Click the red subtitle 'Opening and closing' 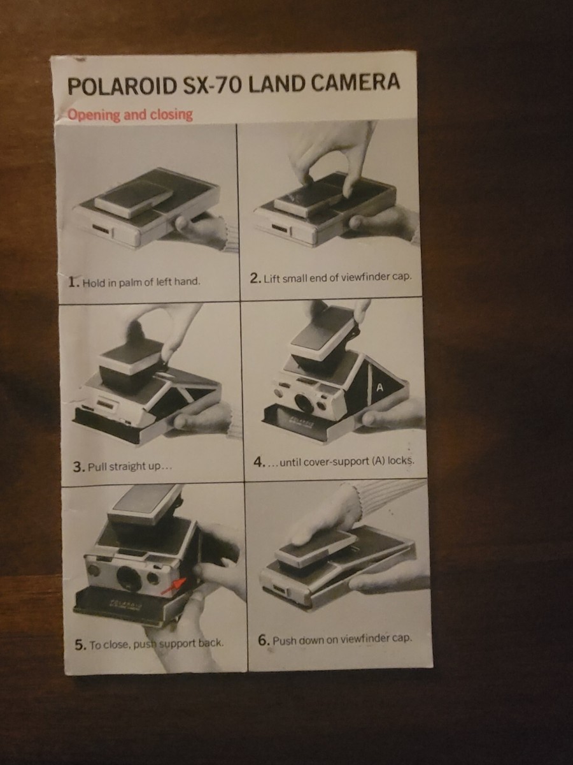point(130,115)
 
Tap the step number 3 point(78,467)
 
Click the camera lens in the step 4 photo point(304,403)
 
